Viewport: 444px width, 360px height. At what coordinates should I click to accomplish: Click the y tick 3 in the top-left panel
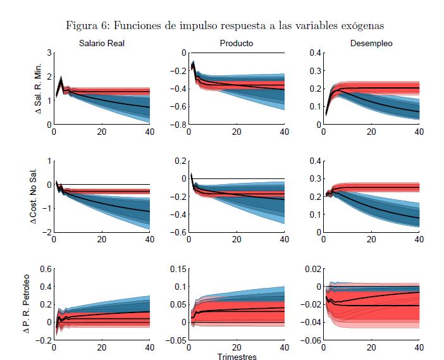pos(48,53)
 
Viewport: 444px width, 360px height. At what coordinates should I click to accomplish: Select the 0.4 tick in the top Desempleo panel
pos(313,53)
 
